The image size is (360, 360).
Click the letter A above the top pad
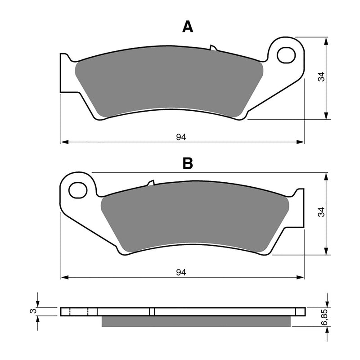188,27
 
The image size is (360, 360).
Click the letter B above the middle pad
188,163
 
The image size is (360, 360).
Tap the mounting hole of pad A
286,55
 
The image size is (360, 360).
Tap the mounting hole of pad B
78,190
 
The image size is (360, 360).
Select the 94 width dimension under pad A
181,137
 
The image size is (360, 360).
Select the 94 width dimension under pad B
181,272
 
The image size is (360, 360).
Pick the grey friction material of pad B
193,220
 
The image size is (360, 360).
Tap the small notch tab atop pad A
213,48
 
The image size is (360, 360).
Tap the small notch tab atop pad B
150,183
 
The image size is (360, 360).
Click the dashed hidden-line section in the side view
80,311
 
